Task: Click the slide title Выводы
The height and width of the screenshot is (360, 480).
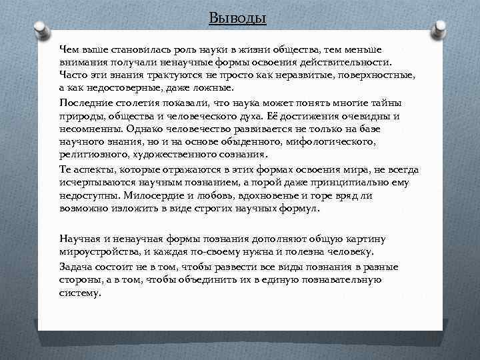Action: point(237,18)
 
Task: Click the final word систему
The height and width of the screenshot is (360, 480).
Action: point(80,293)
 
